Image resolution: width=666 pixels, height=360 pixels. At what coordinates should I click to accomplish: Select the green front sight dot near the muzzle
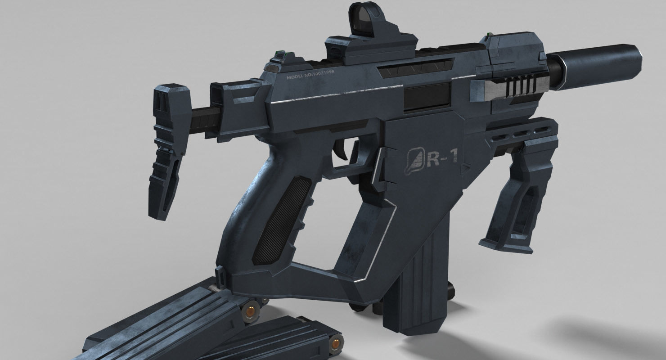point(491,35)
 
